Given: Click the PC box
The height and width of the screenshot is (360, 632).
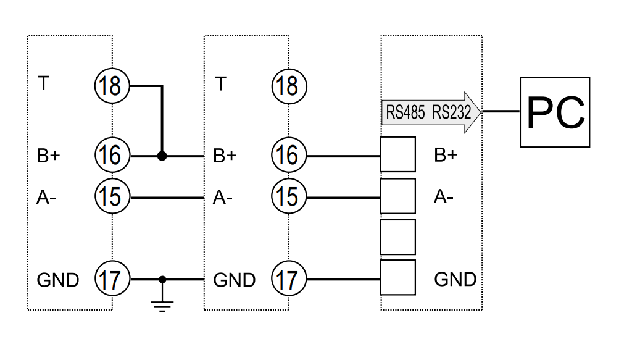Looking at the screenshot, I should pos(555,112).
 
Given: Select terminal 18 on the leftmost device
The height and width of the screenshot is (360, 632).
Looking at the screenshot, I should pos(111,85).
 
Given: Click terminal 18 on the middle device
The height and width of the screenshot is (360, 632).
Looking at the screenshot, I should pos(288,85).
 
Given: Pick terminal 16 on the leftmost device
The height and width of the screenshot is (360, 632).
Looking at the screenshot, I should pos(111,156).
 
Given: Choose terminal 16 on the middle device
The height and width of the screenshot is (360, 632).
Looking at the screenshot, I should pos(288,156).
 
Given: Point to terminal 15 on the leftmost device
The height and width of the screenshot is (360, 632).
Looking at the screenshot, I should pos(111,198).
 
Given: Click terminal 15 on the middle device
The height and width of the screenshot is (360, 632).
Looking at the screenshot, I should pos(288,198).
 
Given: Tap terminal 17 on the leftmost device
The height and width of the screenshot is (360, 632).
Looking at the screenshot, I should pos(111,279).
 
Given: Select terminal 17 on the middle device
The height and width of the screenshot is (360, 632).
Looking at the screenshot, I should pos(288,279).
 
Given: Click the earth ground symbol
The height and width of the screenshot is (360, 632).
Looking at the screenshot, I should pos(162,303).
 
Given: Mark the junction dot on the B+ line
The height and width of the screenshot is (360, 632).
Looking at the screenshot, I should pos(162,156).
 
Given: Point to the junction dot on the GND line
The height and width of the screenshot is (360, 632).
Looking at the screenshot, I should pos(162,279).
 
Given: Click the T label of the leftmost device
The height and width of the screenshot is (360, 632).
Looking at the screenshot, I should pos(43,83).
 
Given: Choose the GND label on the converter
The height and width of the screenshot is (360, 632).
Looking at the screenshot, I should pos(455,279).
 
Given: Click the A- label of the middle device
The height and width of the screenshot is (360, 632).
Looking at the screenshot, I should pos(222,198).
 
